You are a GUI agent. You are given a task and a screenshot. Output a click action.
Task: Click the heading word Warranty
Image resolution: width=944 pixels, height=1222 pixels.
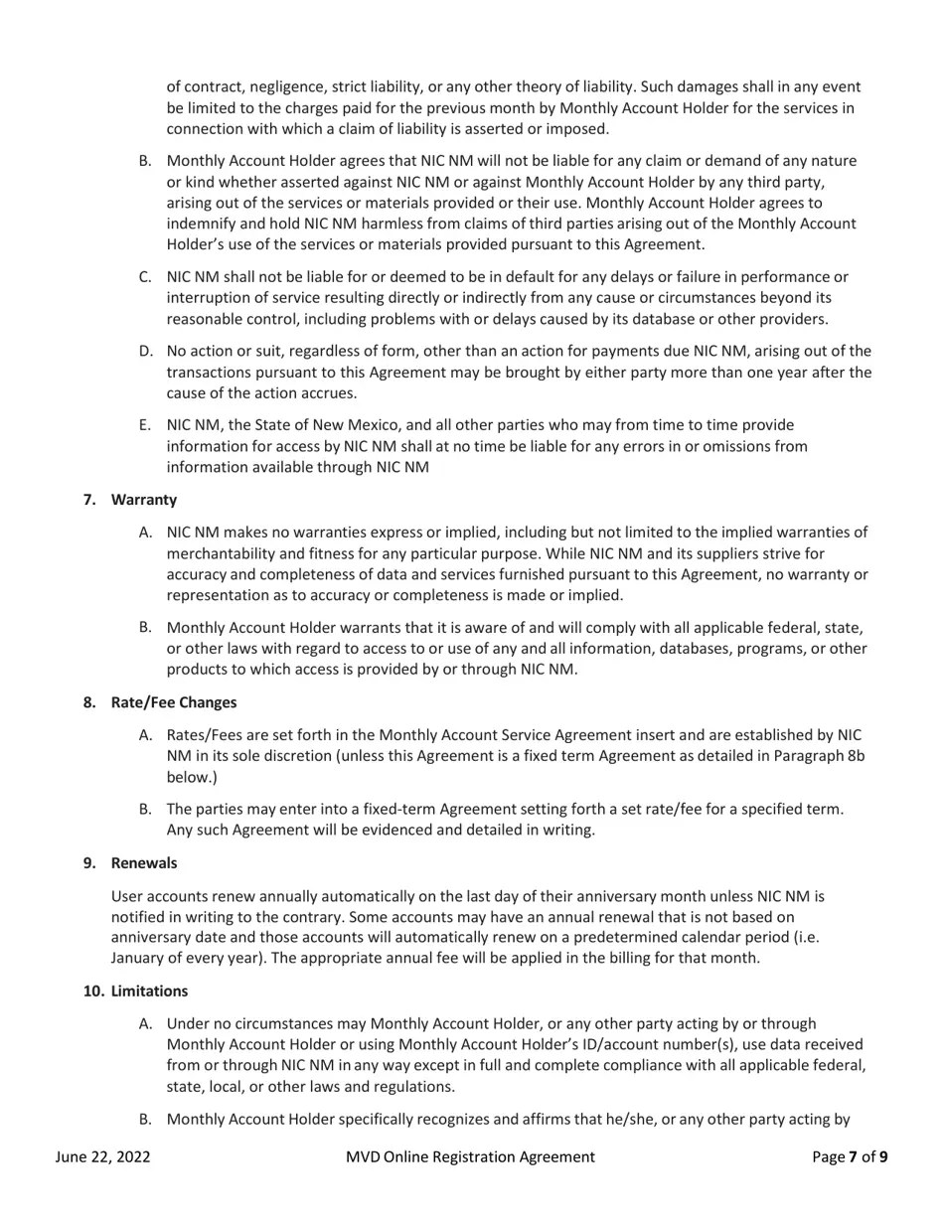tap(144, 500)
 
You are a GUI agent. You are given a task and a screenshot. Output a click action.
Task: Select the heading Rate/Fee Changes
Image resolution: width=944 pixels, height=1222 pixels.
tap(174, 702)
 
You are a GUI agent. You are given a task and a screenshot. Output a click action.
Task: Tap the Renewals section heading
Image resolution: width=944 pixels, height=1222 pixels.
tap(144, 862)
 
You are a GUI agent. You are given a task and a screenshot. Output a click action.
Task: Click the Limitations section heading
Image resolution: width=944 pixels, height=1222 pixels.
tap(149, 991)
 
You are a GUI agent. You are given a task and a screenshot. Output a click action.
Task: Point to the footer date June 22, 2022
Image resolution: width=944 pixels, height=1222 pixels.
tap(103, 1156)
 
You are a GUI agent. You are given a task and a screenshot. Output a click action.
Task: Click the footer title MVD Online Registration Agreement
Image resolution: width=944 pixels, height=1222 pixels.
tap(470, 1156)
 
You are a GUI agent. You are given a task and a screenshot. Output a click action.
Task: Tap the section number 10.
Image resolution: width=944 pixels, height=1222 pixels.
tap(92, 991)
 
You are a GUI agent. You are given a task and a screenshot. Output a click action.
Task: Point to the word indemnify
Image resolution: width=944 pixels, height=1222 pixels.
tap(203, 224)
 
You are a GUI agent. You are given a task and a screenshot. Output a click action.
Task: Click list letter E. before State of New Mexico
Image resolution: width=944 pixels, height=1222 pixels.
tap(145, 425)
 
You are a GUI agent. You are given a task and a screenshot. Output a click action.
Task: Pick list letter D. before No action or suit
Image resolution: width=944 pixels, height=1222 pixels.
tap(145, 351)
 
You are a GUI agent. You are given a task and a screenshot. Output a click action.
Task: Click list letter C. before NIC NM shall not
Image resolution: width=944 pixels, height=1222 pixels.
tap(145, 276)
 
